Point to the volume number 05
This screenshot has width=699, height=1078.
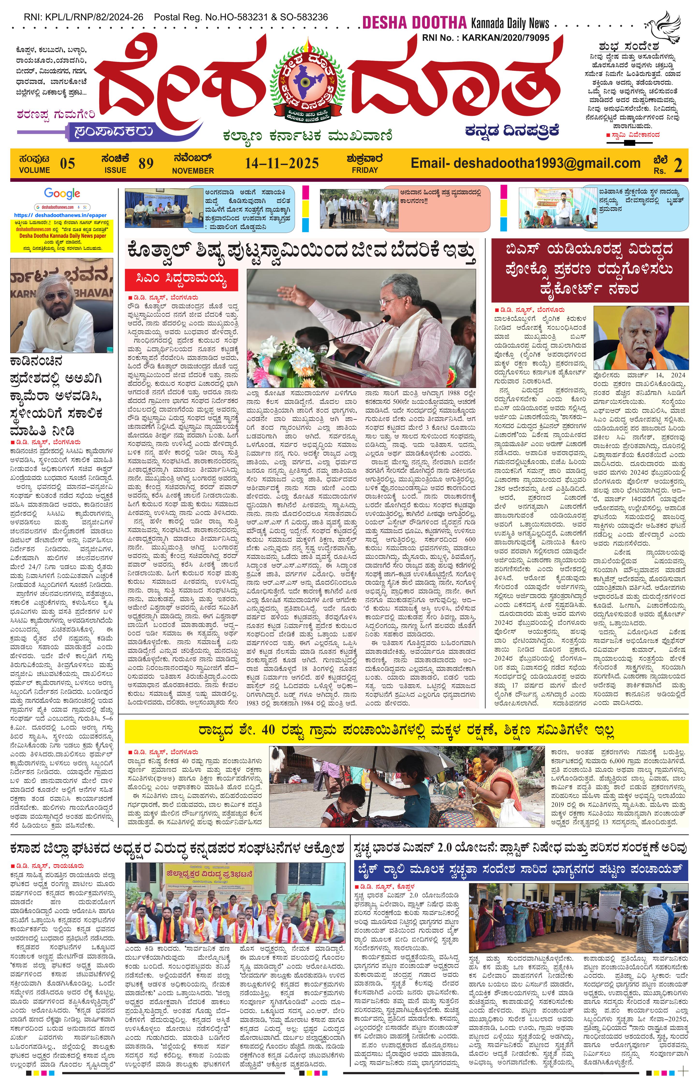(67, 163)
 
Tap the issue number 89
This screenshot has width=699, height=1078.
(146, 163)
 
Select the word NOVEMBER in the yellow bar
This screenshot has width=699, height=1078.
(193, 171)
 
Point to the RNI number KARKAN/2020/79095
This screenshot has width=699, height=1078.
(505, 38)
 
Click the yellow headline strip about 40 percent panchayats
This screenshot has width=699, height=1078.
(406, 731)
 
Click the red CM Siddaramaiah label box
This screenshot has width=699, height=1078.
(181, 280)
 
